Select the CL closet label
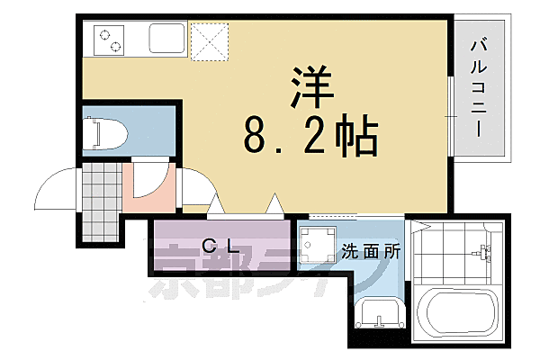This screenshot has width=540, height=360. [220, 245]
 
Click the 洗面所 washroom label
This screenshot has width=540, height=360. [371, 254]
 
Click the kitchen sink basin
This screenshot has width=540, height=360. [166, 40]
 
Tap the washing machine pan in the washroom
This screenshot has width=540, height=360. [315, 246]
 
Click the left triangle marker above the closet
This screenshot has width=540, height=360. [214, 205]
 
